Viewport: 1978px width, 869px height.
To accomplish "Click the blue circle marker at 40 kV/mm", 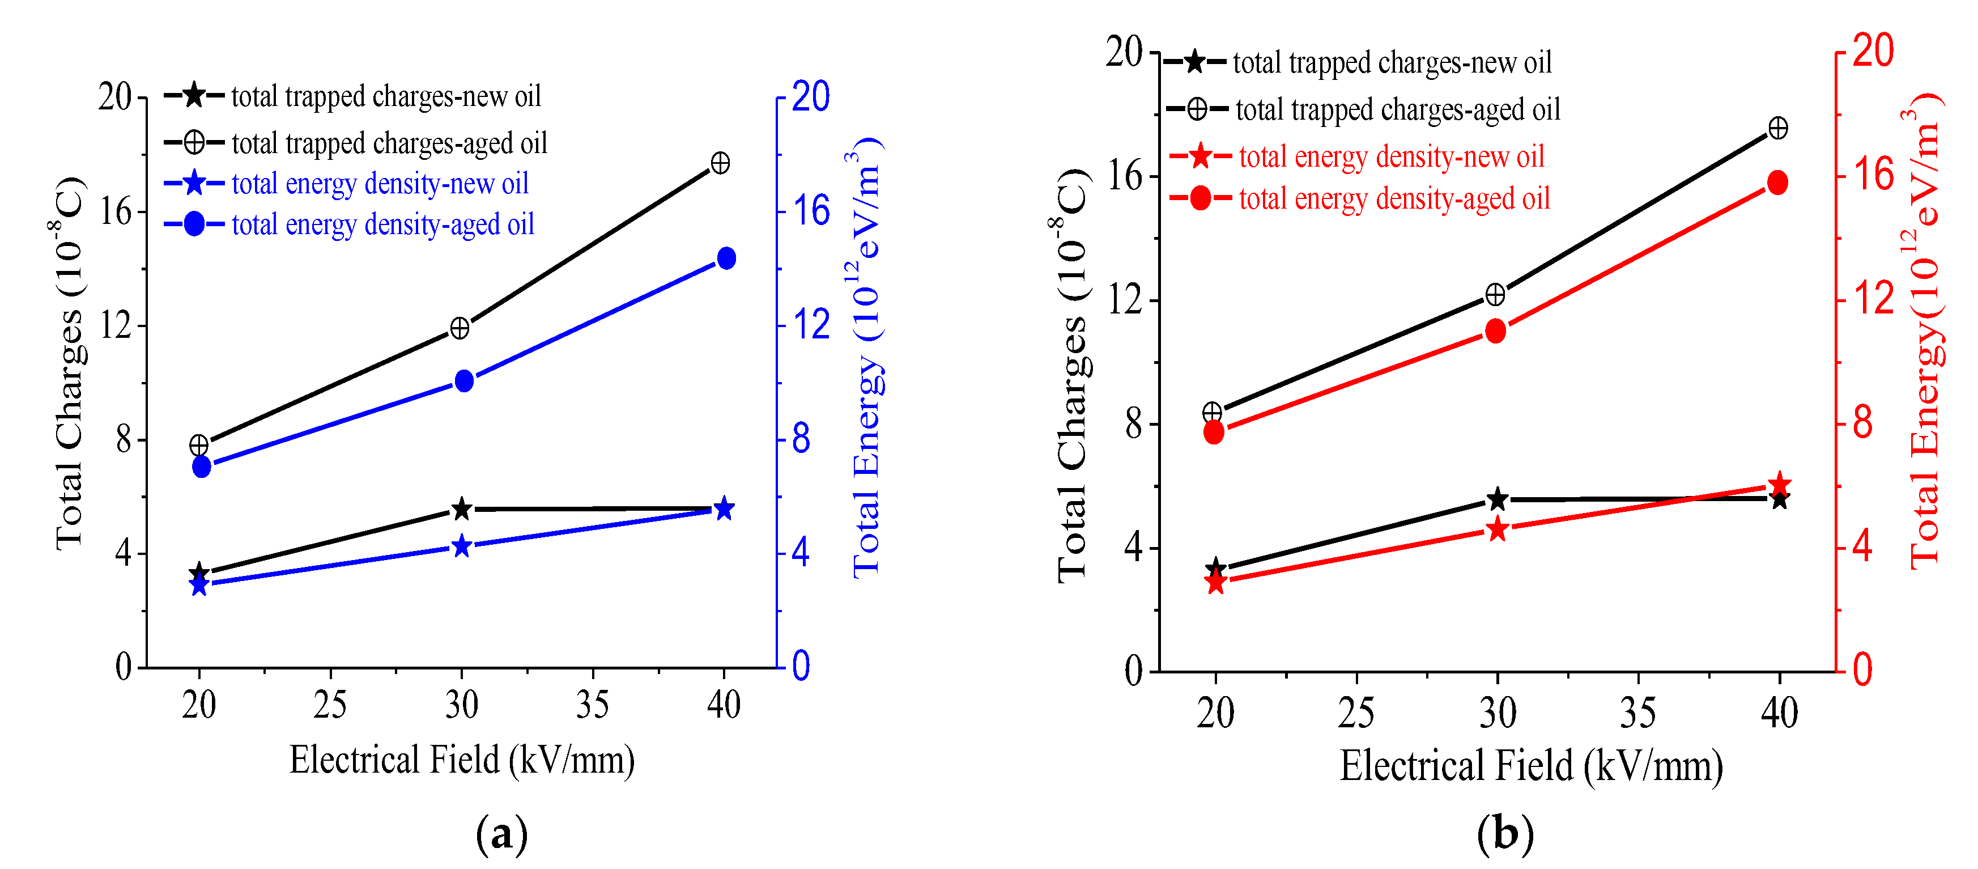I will point(726,258).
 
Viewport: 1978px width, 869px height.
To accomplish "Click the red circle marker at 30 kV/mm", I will point(1495,331).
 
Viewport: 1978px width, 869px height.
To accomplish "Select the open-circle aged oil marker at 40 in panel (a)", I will point(720,163).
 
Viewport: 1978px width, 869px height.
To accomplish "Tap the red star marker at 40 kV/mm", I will point(1779,484).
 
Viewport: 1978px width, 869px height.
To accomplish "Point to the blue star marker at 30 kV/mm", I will point(461,546).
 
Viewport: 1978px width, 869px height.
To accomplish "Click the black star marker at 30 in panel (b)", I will point(1496,499).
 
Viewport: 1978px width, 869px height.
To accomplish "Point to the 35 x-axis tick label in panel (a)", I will point(592,705).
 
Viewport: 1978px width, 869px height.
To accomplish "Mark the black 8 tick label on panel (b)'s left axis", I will point(1133,423).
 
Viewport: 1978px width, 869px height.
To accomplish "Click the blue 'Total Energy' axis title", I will point(866,357).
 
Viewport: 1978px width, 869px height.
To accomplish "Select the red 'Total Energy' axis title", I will point(1924,330).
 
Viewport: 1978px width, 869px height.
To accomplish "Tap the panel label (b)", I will point(1504,833).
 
